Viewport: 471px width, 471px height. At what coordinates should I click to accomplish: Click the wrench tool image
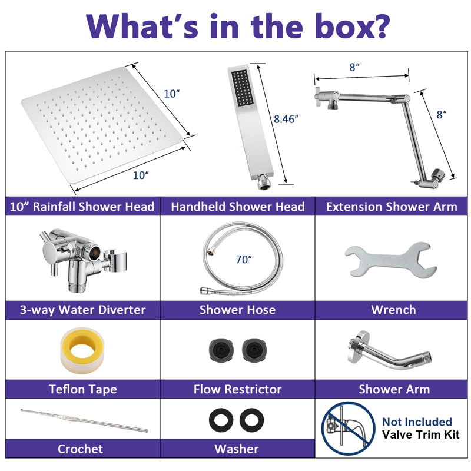pos(391,260)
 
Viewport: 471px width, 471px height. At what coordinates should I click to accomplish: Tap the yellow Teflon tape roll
pos(82,350)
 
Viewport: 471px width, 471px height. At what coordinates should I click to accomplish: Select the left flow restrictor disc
pos(221,350)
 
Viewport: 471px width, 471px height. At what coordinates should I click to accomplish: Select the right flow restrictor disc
pos(254,350)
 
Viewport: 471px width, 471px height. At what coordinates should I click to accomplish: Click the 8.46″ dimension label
pos(286,120)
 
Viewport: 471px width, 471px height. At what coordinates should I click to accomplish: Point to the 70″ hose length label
pos(244,259)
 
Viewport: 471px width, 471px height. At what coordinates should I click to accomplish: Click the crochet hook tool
pos(84,420)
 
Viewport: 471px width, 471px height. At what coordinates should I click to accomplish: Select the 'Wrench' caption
pos(393,310)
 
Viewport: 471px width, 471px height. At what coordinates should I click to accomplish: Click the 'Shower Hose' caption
pos(237,310)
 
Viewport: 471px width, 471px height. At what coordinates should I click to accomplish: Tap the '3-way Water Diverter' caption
pos(82,310)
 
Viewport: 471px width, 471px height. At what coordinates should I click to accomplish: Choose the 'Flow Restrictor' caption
pos(237,389)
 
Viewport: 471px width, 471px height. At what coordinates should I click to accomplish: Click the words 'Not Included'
pos(417,422)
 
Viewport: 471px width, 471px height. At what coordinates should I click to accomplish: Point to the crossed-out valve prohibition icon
pos(348,429)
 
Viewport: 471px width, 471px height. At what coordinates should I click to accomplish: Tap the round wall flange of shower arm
pos(357,346)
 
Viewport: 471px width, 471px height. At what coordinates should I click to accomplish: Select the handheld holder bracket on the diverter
pos(115,260)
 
